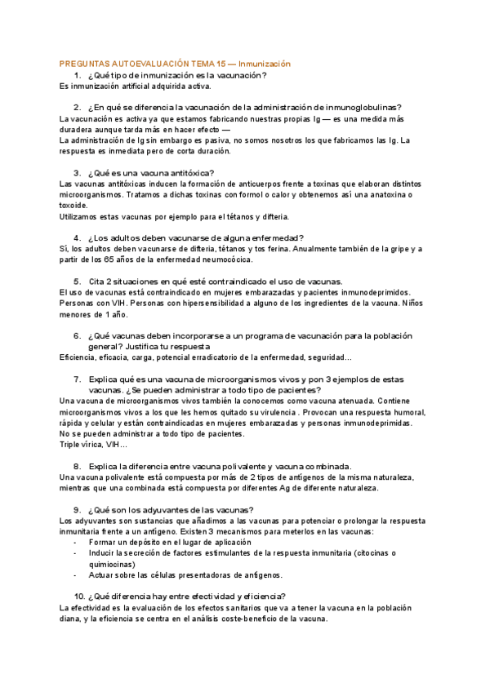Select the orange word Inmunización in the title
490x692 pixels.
click(x=265, y=64)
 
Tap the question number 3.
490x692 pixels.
click(x=77, y=172)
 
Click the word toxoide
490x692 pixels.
click(x=75, y=205)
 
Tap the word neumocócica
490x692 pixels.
click(x=229, y=259)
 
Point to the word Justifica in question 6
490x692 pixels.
click(x=152, y=346)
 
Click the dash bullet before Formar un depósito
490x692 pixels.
click(x=75, y=542)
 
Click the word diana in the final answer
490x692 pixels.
click(x=70, y=619)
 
